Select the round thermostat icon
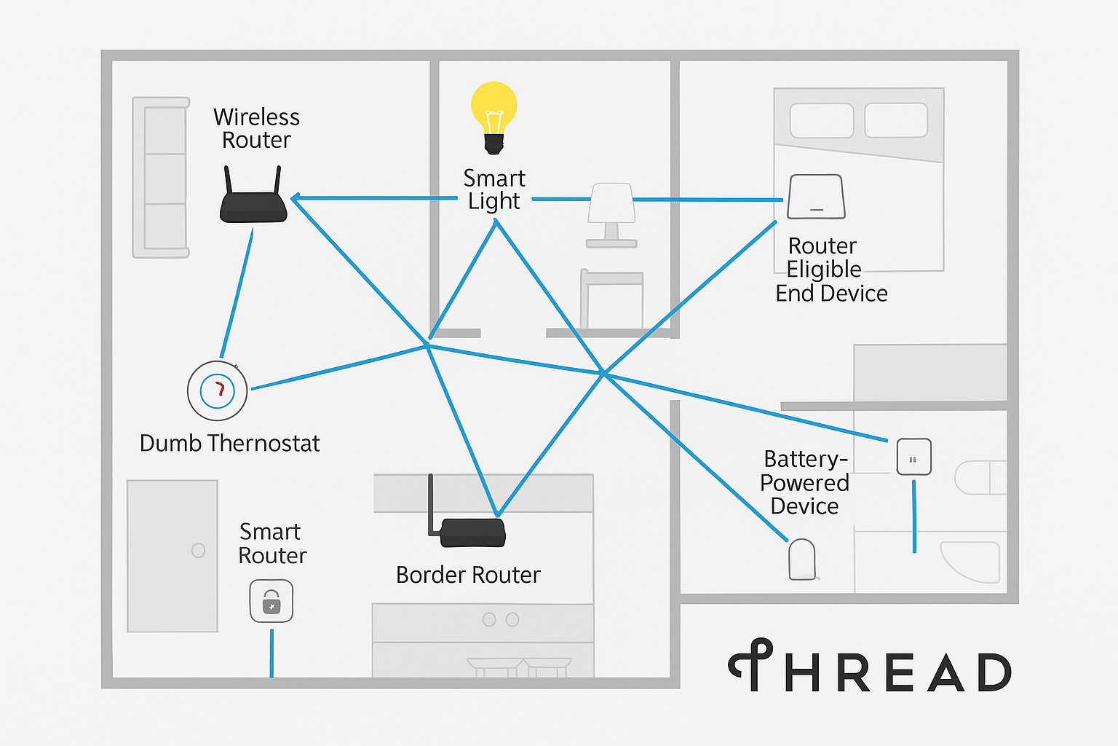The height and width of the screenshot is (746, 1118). coord(218,390)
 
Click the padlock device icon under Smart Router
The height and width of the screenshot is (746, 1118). coord(271,601)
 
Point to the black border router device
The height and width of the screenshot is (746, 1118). coord(470,531)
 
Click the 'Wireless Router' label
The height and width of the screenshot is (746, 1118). coord(256,128)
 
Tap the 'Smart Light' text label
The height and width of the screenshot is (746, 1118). coord(494,189)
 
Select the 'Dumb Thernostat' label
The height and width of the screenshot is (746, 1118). coord(229,443)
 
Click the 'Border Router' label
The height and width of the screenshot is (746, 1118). coord(468,575)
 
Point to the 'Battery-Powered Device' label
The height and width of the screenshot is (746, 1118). coord(804,482)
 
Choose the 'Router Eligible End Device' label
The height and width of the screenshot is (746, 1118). coord(830,270)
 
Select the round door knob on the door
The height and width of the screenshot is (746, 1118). coord(198,551)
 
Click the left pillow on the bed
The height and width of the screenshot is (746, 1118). coord(822,120)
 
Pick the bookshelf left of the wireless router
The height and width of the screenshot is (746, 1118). coord(161,178)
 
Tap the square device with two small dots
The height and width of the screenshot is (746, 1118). coord(913,458)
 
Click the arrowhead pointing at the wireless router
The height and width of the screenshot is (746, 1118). coord(296,198)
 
